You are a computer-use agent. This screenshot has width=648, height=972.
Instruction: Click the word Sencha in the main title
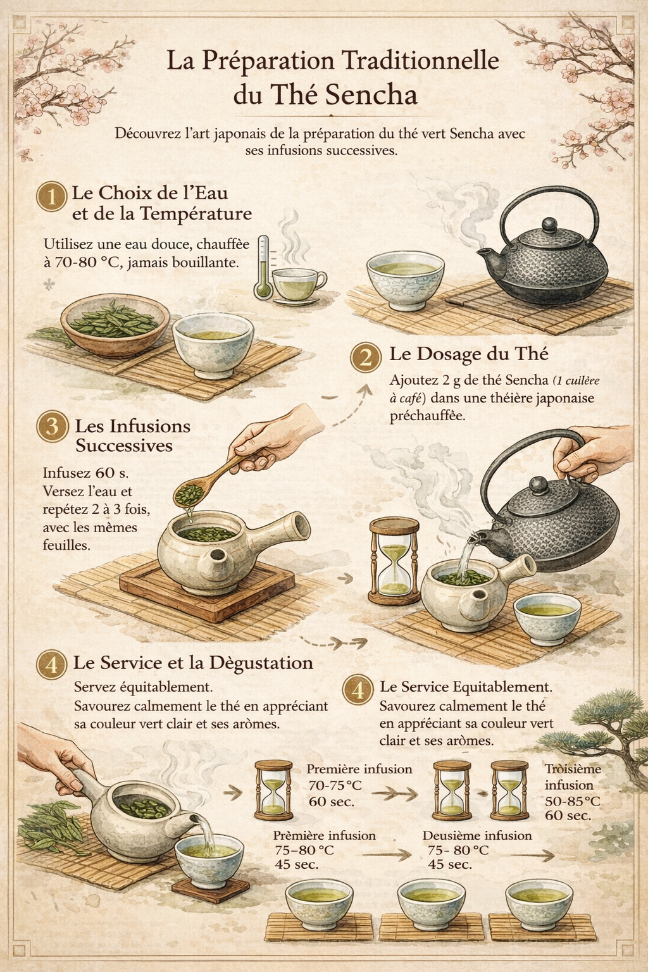(x=371, y=94)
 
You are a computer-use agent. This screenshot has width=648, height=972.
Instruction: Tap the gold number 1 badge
(x=52, y=197)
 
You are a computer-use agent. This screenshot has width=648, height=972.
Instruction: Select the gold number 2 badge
(x=366, y=358)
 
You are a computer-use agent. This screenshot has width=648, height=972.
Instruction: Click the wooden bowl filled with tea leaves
(x=115, y=325)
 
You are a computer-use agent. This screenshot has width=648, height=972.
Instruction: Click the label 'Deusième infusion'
(x=477, y=835)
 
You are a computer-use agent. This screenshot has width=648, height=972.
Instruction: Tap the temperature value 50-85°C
(x=573, y=801)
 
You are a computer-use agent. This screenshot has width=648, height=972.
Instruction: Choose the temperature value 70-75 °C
(x=335, y=785)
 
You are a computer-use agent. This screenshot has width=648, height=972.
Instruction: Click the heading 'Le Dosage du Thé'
(x=469, y=354)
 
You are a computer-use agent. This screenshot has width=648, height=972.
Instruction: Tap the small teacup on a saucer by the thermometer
(x=299, y=286)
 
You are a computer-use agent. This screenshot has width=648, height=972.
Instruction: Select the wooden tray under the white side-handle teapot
(x=207, y=590)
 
